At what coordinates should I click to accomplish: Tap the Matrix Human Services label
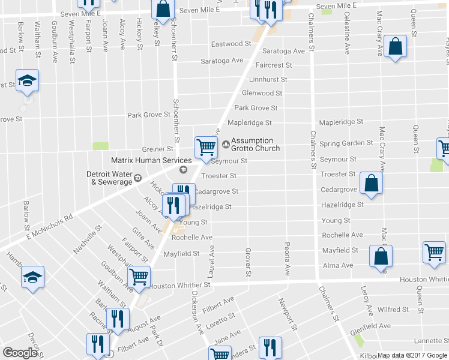151,160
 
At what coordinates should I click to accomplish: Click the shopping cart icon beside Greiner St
206,146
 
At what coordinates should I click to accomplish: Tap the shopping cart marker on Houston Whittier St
139,277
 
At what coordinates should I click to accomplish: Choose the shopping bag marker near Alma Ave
381,256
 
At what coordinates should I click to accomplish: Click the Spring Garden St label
346,143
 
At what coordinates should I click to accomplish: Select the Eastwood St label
231,44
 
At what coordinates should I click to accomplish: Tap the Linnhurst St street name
268,79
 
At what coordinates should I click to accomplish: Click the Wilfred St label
393,310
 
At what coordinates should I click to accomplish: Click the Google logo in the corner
20,353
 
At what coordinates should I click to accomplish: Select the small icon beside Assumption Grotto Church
226,144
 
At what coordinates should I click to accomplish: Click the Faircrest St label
273,65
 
